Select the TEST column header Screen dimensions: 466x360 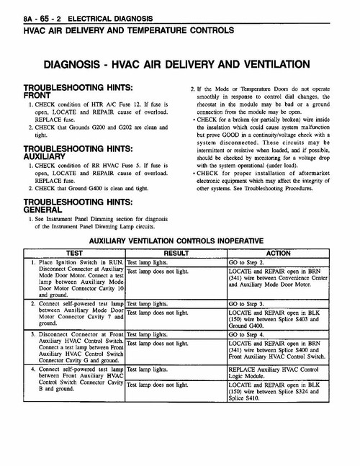coord(75,254)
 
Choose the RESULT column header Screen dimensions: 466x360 coord(176,254)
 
